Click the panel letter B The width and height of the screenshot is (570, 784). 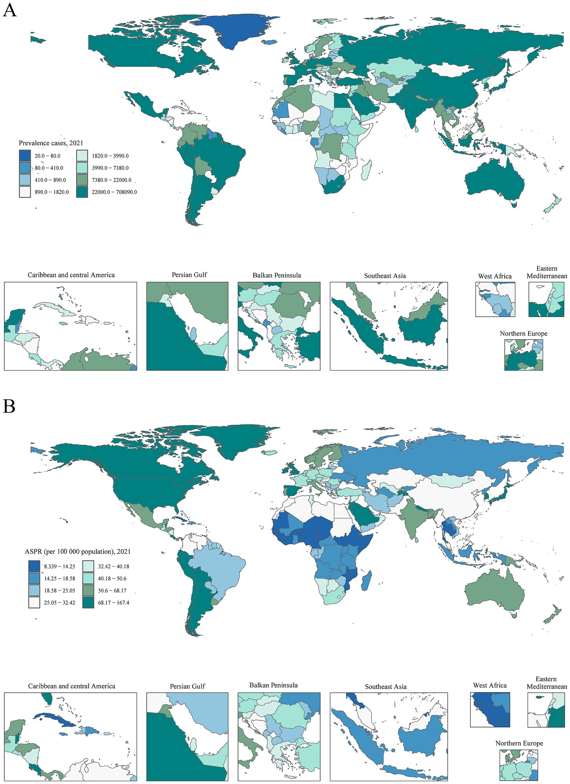point(9,406)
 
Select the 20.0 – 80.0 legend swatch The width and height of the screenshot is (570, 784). point(25,156)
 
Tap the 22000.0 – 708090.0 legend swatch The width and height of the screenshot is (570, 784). point(82,192)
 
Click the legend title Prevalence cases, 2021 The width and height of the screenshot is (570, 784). point(51,143)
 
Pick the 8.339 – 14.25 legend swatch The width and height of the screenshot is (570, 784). point(34,566)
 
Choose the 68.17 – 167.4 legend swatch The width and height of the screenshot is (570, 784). point(89,603)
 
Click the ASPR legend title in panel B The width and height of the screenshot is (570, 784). point(77,552)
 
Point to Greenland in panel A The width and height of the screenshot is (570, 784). point(235,31)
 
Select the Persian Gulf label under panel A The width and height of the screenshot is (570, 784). point(189,275)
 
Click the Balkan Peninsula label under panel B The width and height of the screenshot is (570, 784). point(273,685)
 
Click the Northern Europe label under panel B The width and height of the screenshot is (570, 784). point(519,743)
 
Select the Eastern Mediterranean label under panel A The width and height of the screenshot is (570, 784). point(547,272)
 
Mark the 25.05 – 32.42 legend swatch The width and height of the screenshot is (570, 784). point(34,603)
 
